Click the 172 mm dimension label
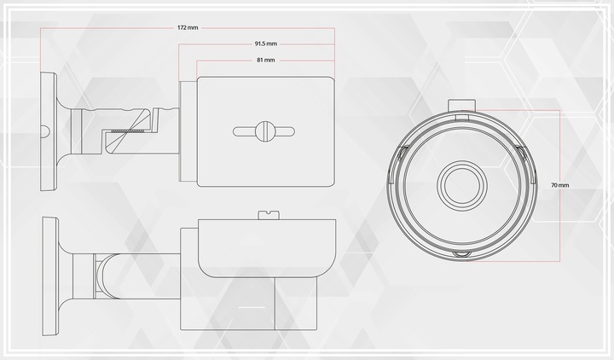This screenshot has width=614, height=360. tap(188, 27)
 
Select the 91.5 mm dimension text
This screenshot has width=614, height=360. tap(264, 44)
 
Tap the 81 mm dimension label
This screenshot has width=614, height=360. tap(264, 61)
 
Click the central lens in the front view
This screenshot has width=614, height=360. tap(461, 184)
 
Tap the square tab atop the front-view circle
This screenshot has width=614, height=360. tap(461, 106)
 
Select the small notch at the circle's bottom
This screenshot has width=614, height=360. tap(461, 255)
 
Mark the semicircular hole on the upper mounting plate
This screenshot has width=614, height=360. tap(43, 131)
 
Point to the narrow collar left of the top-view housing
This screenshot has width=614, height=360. tap(188, 131)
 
